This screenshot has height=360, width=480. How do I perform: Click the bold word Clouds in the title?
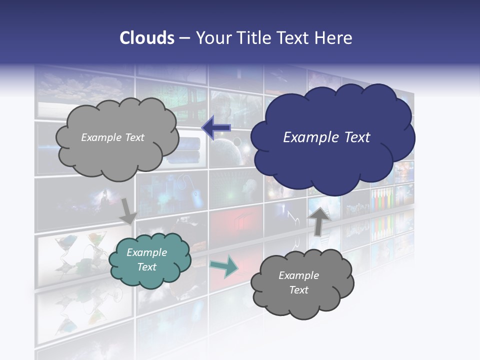(x=146, y=38)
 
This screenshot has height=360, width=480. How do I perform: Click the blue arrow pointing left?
(x=216, y=128)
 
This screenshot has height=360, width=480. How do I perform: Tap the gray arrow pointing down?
(x=128, y=210)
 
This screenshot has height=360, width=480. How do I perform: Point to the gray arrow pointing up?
(x=318, y=220)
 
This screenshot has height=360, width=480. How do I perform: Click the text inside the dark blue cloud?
(x=326, y=137)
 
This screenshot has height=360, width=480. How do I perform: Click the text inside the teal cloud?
(x=147, y=259)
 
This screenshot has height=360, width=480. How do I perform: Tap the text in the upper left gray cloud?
(x=112, y=137)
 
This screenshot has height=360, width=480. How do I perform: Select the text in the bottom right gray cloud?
(x=298, y=282)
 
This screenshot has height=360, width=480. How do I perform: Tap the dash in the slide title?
(x=184, y=38)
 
